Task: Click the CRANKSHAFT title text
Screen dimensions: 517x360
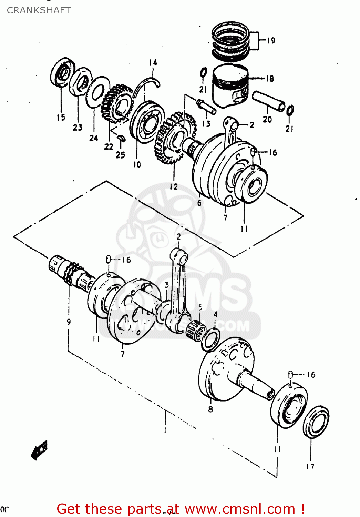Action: coord(39,10)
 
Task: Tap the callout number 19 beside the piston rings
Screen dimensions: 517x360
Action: coord(271,41)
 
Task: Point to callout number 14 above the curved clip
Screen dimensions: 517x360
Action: coord(153,63)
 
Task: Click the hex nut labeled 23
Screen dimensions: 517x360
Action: coord(80,82)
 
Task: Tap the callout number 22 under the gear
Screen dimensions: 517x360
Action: coord(109,147)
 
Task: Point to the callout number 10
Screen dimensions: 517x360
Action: coord(137,165)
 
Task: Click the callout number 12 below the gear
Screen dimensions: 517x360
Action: coord(174,187)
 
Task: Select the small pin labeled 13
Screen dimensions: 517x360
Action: coord(206,106)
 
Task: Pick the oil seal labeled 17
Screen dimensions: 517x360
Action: coord(316,422)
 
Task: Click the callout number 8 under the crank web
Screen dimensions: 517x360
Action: coord(210,409)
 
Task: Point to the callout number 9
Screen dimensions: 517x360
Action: coord(69,322)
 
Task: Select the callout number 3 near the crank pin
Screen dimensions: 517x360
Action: coord(167,285)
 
